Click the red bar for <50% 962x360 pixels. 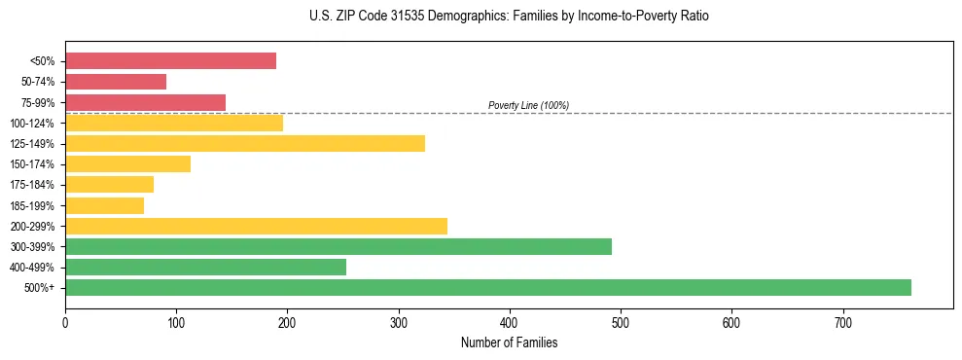(x=170, y=61)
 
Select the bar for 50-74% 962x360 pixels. (x=116, y=82)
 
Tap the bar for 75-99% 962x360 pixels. (x=145, y=102)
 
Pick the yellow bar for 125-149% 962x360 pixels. (x=245, y=144)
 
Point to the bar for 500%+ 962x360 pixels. (x=488, y=288)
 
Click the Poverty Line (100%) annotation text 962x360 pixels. (x=528, y=105)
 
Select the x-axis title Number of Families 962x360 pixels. (x=510, y=342)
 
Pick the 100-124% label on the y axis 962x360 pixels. (x=32, y=124)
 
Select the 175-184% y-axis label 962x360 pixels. (x=32, y=185)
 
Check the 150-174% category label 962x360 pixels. (x=32, y=164)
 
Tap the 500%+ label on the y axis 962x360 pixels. (x=40, y=288)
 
